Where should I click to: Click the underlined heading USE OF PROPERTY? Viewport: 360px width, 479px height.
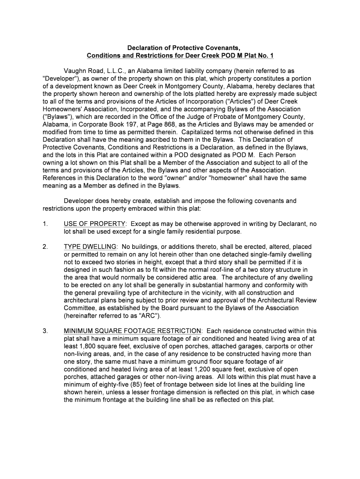click(94, 224)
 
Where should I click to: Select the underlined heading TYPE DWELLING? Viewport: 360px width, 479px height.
click(90, 247)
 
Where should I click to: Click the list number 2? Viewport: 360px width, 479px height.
click(45, 247)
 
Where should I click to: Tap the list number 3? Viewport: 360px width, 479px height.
click(45, 331)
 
